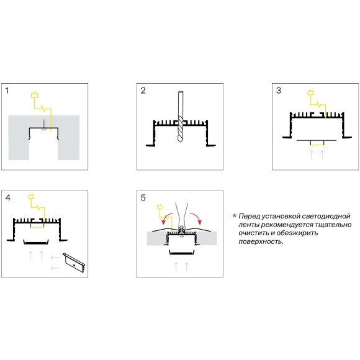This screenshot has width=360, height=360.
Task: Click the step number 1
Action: click(7, 91)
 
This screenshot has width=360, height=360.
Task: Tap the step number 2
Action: click(143, 91)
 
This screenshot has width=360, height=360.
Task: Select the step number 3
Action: click(279, 91)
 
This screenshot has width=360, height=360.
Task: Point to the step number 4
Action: click(8, 197)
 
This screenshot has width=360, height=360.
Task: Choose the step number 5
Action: click(143, 197)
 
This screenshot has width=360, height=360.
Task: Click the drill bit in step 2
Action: click(181, 117)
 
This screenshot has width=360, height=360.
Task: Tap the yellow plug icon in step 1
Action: click(35, 95)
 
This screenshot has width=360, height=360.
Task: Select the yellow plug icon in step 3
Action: click(311, 92)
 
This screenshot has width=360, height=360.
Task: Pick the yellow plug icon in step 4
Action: click(32, 196)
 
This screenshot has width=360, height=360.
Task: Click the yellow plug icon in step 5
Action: click(160, 207)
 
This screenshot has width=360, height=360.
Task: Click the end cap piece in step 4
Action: click(74, 263)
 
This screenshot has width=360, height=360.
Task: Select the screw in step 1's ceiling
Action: click(43, 125)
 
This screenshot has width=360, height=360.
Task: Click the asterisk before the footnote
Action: click(235, 215)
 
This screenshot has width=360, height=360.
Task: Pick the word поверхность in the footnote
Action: click(261, 242)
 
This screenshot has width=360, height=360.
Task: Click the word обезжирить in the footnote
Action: click(297, 233)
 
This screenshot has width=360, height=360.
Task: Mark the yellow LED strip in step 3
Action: click(317, 143)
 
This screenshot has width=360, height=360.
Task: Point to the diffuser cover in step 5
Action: click(182, 253)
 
